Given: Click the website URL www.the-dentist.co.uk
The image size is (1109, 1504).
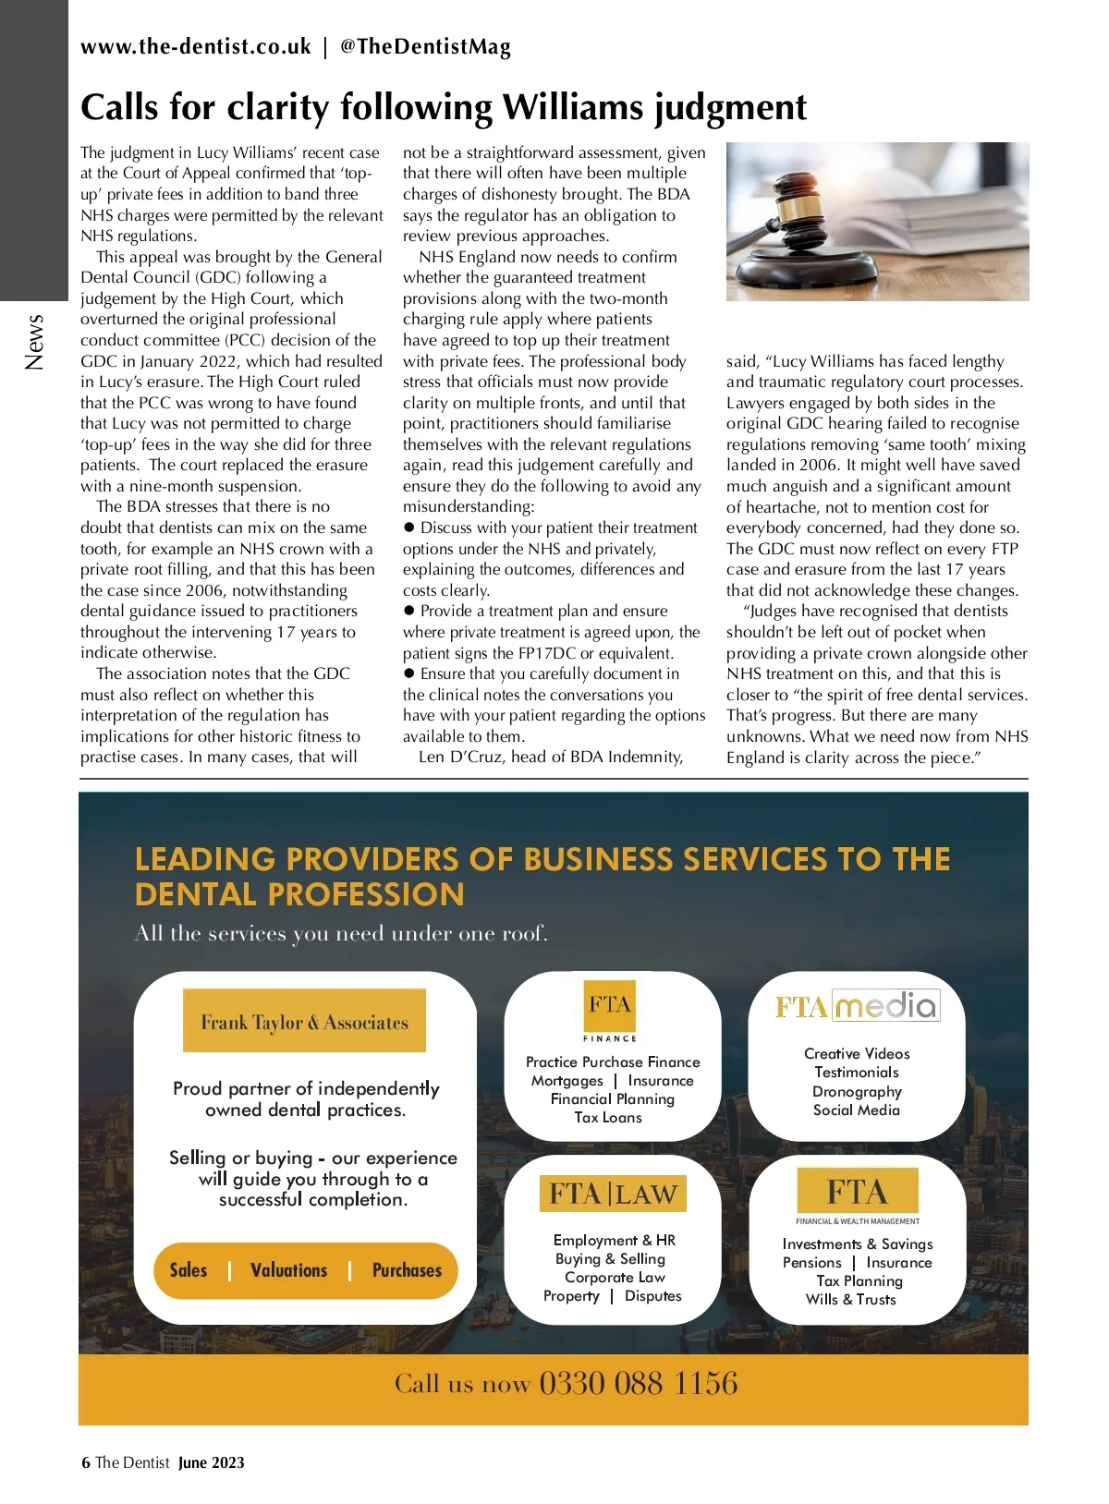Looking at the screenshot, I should coord(195,47).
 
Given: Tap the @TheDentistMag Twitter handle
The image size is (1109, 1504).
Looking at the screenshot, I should coord(425,47).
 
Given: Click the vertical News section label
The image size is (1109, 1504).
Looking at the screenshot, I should coord(35,342).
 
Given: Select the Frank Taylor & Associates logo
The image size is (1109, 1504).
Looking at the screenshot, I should coord(304,1022).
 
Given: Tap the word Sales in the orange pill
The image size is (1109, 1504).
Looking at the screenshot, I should coord(189,1270).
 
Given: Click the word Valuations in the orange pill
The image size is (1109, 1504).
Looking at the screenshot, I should coord(288,1270).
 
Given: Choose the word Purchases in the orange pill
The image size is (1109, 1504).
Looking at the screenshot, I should coord(407,1270).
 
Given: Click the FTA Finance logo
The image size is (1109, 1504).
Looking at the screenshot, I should coord(610,1011).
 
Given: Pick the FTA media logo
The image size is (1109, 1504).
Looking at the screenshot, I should coord(857,1006).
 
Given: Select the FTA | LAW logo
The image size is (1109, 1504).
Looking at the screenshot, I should coord(613,1194).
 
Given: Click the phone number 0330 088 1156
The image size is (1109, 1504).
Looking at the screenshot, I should coord(638,1383).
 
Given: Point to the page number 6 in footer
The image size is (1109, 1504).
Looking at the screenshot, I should coord(86,1462).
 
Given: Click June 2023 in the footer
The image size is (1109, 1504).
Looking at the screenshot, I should coord(212,1462).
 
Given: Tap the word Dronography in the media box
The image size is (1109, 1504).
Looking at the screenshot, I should coord(857,1091).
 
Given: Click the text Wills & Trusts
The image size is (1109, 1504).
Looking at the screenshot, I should coord(850,1299).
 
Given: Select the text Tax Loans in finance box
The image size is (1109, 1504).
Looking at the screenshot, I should coord(608,1117).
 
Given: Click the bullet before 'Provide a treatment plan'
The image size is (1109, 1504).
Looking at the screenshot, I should coord(409,612).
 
